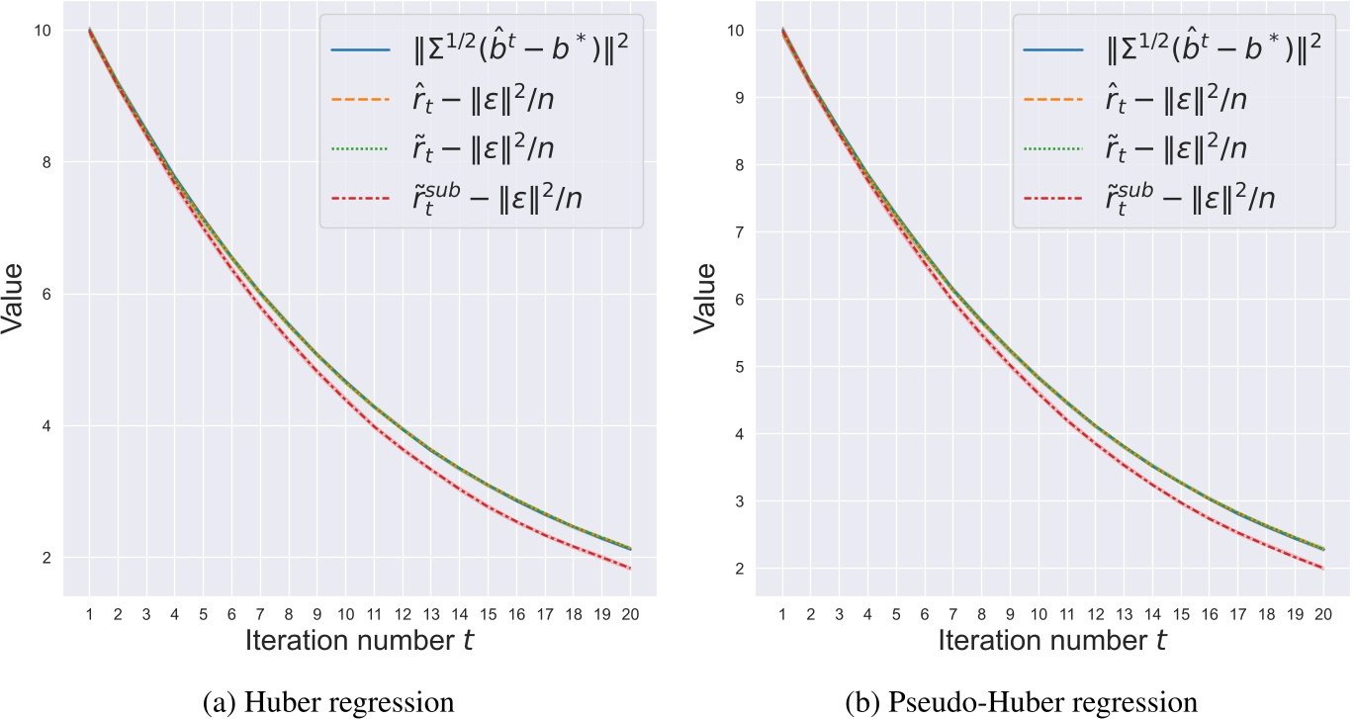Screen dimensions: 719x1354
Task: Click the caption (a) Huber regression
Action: tap(337, 703)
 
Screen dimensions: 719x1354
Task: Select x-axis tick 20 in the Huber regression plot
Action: tap(630, 614)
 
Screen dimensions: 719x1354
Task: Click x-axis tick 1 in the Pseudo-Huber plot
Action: tap(782, 614)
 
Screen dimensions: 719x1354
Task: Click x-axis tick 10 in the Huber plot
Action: tap(345, 614)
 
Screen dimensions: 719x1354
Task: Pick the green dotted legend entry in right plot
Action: tap(1040, 148)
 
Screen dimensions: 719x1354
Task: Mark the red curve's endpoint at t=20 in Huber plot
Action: tap(630, 569)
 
